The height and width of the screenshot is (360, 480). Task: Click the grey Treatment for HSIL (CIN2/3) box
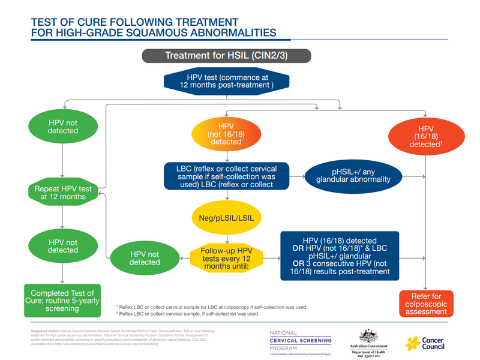click(x=226, y=56)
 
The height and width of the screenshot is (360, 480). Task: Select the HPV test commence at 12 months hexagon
click(x=226, y=81)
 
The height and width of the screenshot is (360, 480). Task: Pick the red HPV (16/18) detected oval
click(x=425, y=136)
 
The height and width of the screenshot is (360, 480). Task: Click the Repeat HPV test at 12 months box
click(x=63, y=193)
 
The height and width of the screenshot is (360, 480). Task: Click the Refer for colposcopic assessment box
click(x=425, y=304)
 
